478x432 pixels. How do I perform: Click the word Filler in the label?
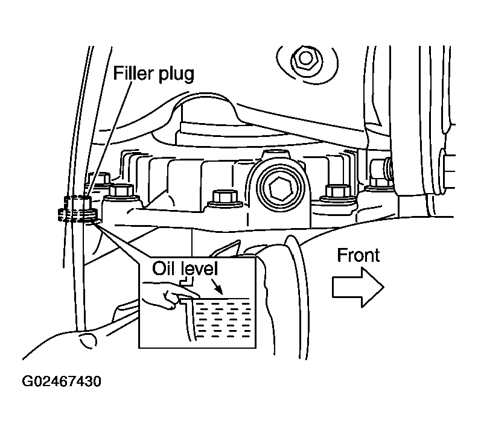(x=133, y=73)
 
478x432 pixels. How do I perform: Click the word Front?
(x=358, y=255)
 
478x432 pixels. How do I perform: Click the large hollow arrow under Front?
(x=358, y=287)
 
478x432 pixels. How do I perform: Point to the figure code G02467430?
(x=62, y=381)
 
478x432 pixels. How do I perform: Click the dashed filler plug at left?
(x=78, y=209)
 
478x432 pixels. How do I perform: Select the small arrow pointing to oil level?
(x=218, y=287)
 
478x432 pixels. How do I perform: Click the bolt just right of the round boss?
(x=337, y=192)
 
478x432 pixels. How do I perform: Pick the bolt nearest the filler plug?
(x=121, y=191)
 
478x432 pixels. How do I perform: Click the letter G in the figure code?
(x=27, y=381)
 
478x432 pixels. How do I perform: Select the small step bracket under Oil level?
(x=187, y=282)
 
